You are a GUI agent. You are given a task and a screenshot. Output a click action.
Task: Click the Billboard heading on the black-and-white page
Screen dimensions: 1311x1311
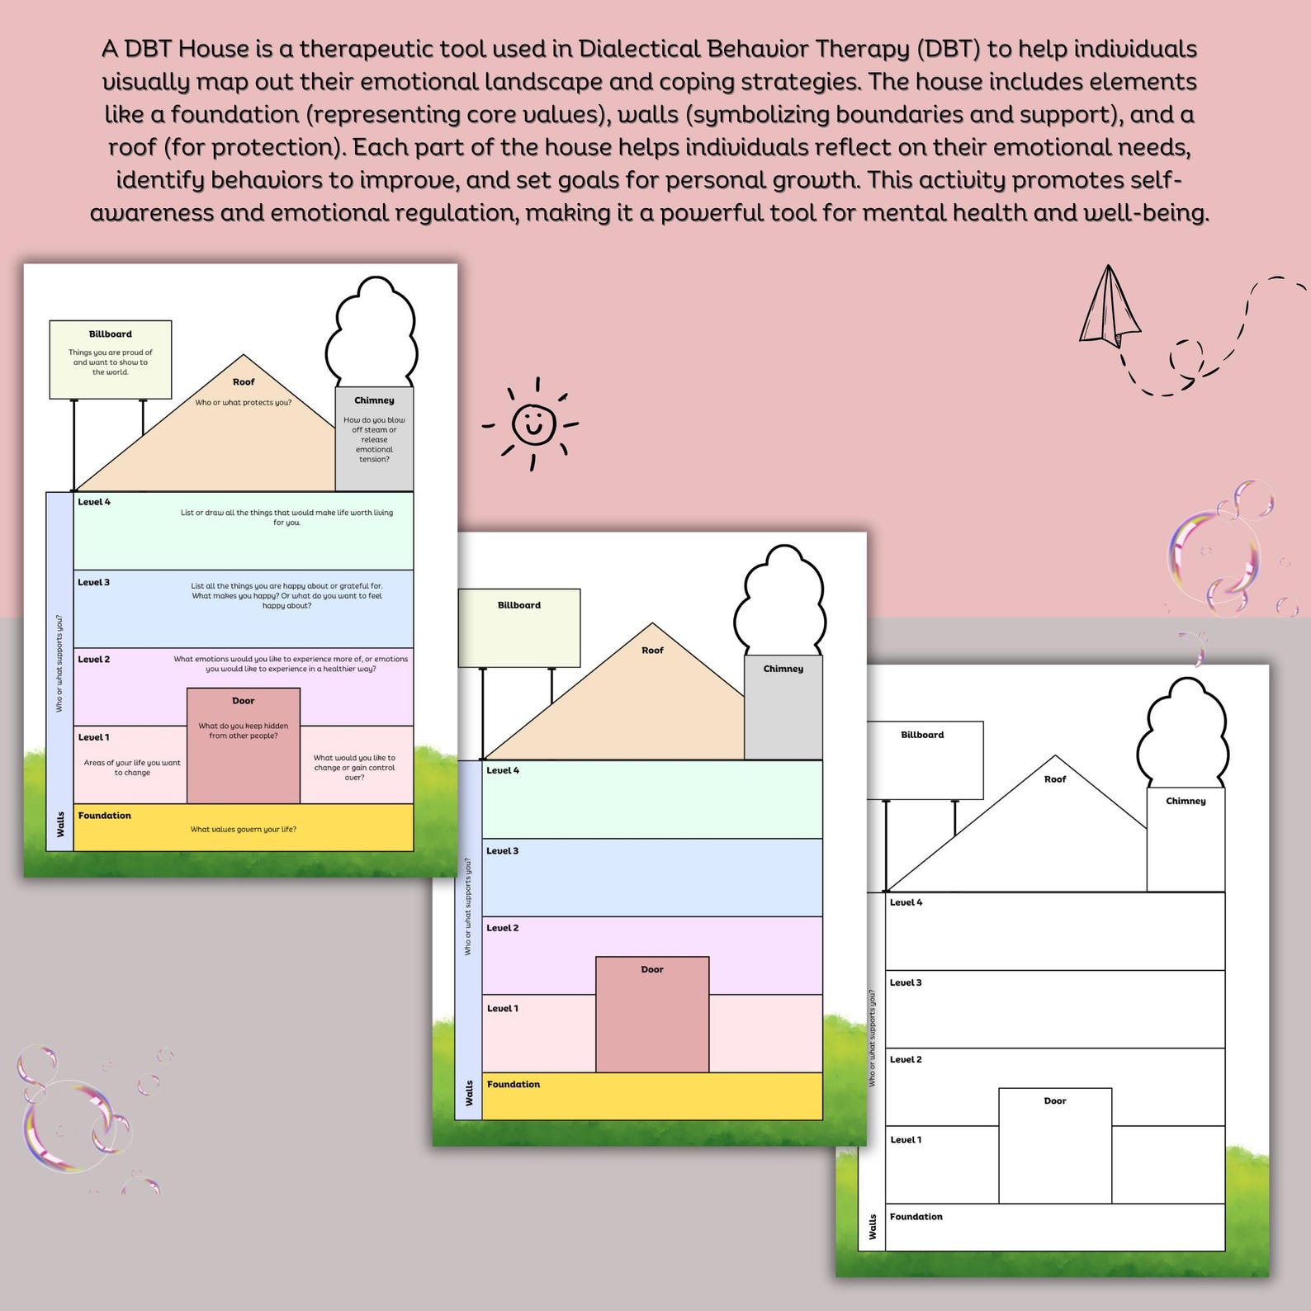point(922,735)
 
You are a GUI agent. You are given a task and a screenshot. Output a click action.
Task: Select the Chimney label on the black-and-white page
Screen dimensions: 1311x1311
point(1186,801)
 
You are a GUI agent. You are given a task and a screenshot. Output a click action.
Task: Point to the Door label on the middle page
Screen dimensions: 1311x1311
point(652,969)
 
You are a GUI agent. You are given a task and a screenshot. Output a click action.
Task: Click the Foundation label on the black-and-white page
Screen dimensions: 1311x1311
point(916,1217)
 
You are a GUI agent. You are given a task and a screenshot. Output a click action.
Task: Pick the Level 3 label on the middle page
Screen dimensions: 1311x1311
point(502,851)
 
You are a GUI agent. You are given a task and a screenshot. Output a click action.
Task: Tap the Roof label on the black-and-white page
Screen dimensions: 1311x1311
point(1055,779)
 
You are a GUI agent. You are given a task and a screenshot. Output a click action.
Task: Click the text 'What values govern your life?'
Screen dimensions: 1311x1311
point(244,830)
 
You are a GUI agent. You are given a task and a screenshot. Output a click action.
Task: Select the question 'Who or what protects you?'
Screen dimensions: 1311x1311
point(244,403)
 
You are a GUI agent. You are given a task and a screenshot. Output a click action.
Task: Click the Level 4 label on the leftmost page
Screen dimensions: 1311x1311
point(94,502)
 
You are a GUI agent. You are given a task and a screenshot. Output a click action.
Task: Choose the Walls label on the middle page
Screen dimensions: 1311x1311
point(469,1093)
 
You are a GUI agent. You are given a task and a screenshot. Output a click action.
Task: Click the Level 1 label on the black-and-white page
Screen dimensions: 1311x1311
point(906,1140)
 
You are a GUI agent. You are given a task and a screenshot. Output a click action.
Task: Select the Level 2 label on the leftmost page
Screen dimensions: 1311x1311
point(94,660)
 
